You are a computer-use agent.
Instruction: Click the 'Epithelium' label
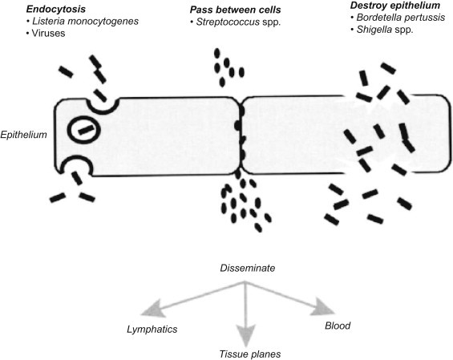click(x=24, y=135)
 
